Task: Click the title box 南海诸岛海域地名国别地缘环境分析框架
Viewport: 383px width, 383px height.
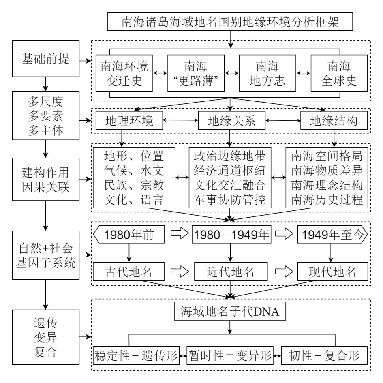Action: tap(230, 23)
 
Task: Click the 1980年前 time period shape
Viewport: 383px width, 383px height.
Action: tap(129, 235)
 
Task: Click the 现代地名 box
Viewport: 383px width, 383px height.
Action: tap(332, 271)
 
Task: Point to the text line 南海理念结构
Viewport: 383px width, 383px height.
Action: tap(327, 185)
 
